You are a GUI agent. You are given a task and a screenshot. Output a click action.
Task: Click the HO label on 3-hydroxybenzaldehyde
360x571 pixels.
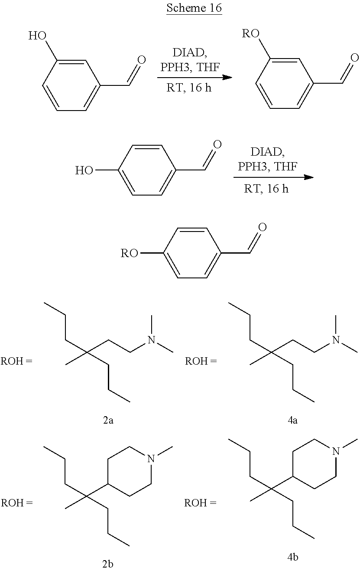coord(38,35)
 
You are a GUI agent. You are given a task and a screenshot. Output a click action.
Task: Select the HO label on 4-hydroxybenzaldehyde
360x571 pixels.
coord(84,170)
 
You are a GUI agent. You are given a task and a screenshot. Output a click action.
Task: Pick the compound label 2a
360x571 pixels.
coord(108,420)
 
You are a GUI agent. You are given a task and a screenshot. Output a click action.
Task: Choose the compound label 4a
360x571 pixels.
coord(292,420)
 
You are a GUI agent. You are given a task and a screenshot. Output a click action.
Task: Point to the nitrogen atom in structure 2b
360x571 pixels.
coord(151,458)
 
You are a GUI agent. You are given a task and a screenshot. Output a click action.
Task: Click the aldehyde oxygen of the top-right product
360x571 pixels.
coord(354,58)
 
